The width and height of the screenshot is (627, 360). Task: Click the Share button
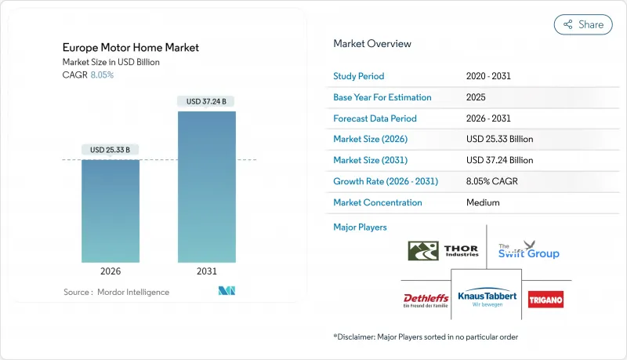click(x=583, y=24)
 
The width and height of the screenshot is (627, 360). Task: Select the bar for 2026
click(x=111, y=211)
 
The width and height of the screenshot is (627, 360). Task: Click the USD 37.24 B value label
click(x=207, y=101)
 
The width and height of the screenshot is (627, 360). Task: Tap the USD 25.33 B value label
click(x=111, y=150)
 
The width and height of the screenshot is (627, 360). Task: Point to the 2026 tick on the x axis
click(x=111, y=271)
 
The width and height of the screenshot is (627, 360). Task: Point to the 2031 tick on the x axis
click(x=207, y=271)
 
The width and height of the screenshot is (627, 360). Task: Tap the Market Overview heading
click(x=372, y=43)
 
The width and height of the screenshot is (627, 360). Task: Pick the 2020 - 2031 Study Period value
click(x=490, y=77)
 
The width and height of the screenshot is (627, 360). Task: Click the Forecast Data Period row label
click(x=375, y=118)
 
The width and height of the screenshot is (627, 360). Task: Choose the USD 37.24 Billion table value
click(x=499, y=160)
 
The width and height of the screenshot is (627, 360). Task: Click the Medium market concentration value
click(x=483, y=202)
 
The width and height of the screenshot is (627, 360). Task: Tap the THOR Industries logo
click(x=443, y=251)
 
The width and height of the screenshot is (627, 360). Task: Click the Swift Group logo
click(x=529, y=251)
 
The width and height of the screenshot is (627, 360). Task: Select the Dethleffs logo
click(x=426, y=300)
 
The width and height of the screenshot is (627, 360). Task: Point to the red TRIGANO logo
click(x=545, y=300)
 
